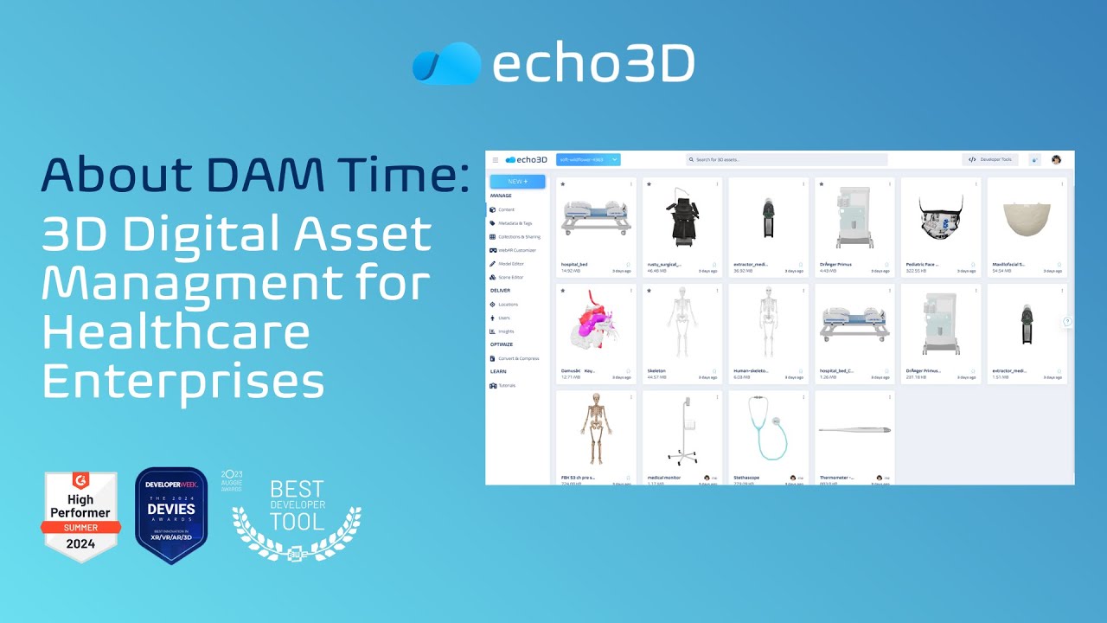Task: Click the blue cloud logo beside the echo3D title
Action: pos(446,63)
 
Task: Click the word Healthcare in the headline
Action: pos(176,332)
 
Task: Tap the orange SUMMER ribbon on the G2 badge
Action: pos(80,527)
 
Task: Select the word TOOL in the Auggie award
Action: pos(297,520)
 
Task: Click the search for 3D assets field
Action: pos(786,160)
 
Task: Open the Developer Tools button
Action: pos(990,160)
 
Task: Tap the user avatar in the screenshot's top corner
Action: pos(1056,160)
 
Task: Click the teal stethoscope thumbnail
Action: pos(768,429)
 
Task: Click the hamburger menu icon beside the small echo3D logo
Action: pos(496,160)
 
